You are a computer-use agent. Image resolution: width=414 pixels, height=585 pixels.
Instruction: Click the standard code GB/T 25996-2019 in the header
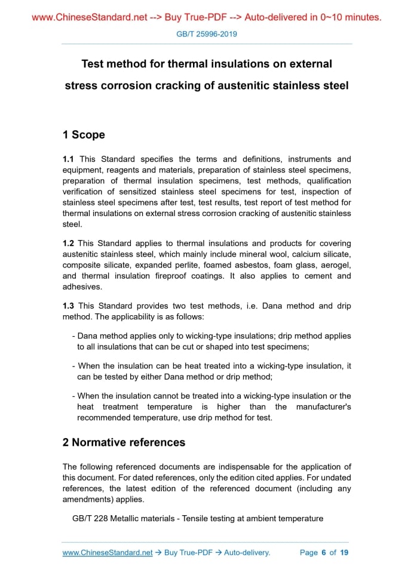(x=207, y=34)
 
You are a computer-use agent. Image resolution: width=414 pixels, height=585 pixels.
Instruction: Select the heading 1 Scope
(x=84, y=135)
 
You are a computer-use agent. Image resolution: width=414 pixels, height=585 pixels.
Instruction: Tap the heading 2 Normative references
(x=124, y=442)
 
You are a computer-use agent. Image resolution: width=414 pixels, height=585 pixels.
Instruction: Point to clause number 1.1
(x=69, y=159)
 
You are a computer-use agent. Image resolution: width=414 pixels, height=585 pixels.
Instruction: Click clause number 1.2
(x=69, y=244)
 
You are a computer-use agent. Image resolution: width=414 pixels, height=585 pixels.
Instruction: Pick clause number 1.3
(x=69, y=306)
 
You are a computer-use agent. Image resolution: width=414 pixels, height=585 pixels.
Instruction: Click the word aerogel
(x=336, y=265)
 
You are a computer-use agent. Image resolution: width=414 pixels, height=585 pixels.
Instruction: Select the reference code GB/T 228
(x=90, y=519)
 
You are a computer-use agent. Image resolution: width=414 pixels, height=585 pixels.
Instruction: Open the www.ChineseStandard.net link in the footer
(x=108, y=553)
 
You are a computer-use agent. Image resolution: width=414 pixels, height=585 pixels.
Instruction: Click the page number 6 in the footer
(x=323, y=553)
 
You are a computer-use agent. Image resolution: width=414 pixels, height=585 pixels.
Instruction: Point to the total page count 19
(x=344, y=553)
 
